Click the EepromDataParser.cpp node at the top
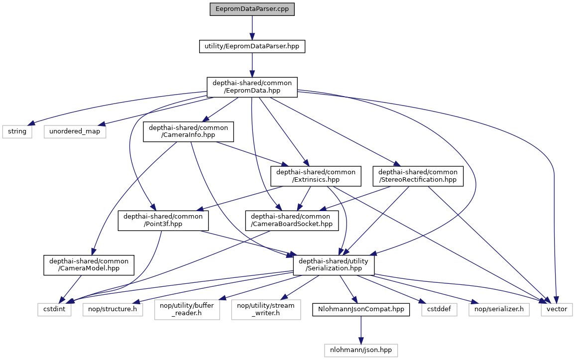click(252, 9)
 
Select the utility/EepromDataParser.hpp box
click(252, 47)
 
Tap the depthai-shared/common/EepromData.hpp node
click(252, 87)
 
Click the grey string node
click(17, 131)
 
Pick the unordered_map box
click(75, 131)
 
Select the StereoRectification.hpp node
click(418, 176)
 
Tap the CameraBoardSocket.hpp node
click(292, 221)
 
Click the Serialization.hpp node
click(334, 265)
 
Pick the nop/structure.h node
click(113, 310)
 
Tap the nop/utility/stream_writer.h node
click(266, 310)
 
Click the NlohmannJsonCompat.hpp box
click(361, 310)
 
